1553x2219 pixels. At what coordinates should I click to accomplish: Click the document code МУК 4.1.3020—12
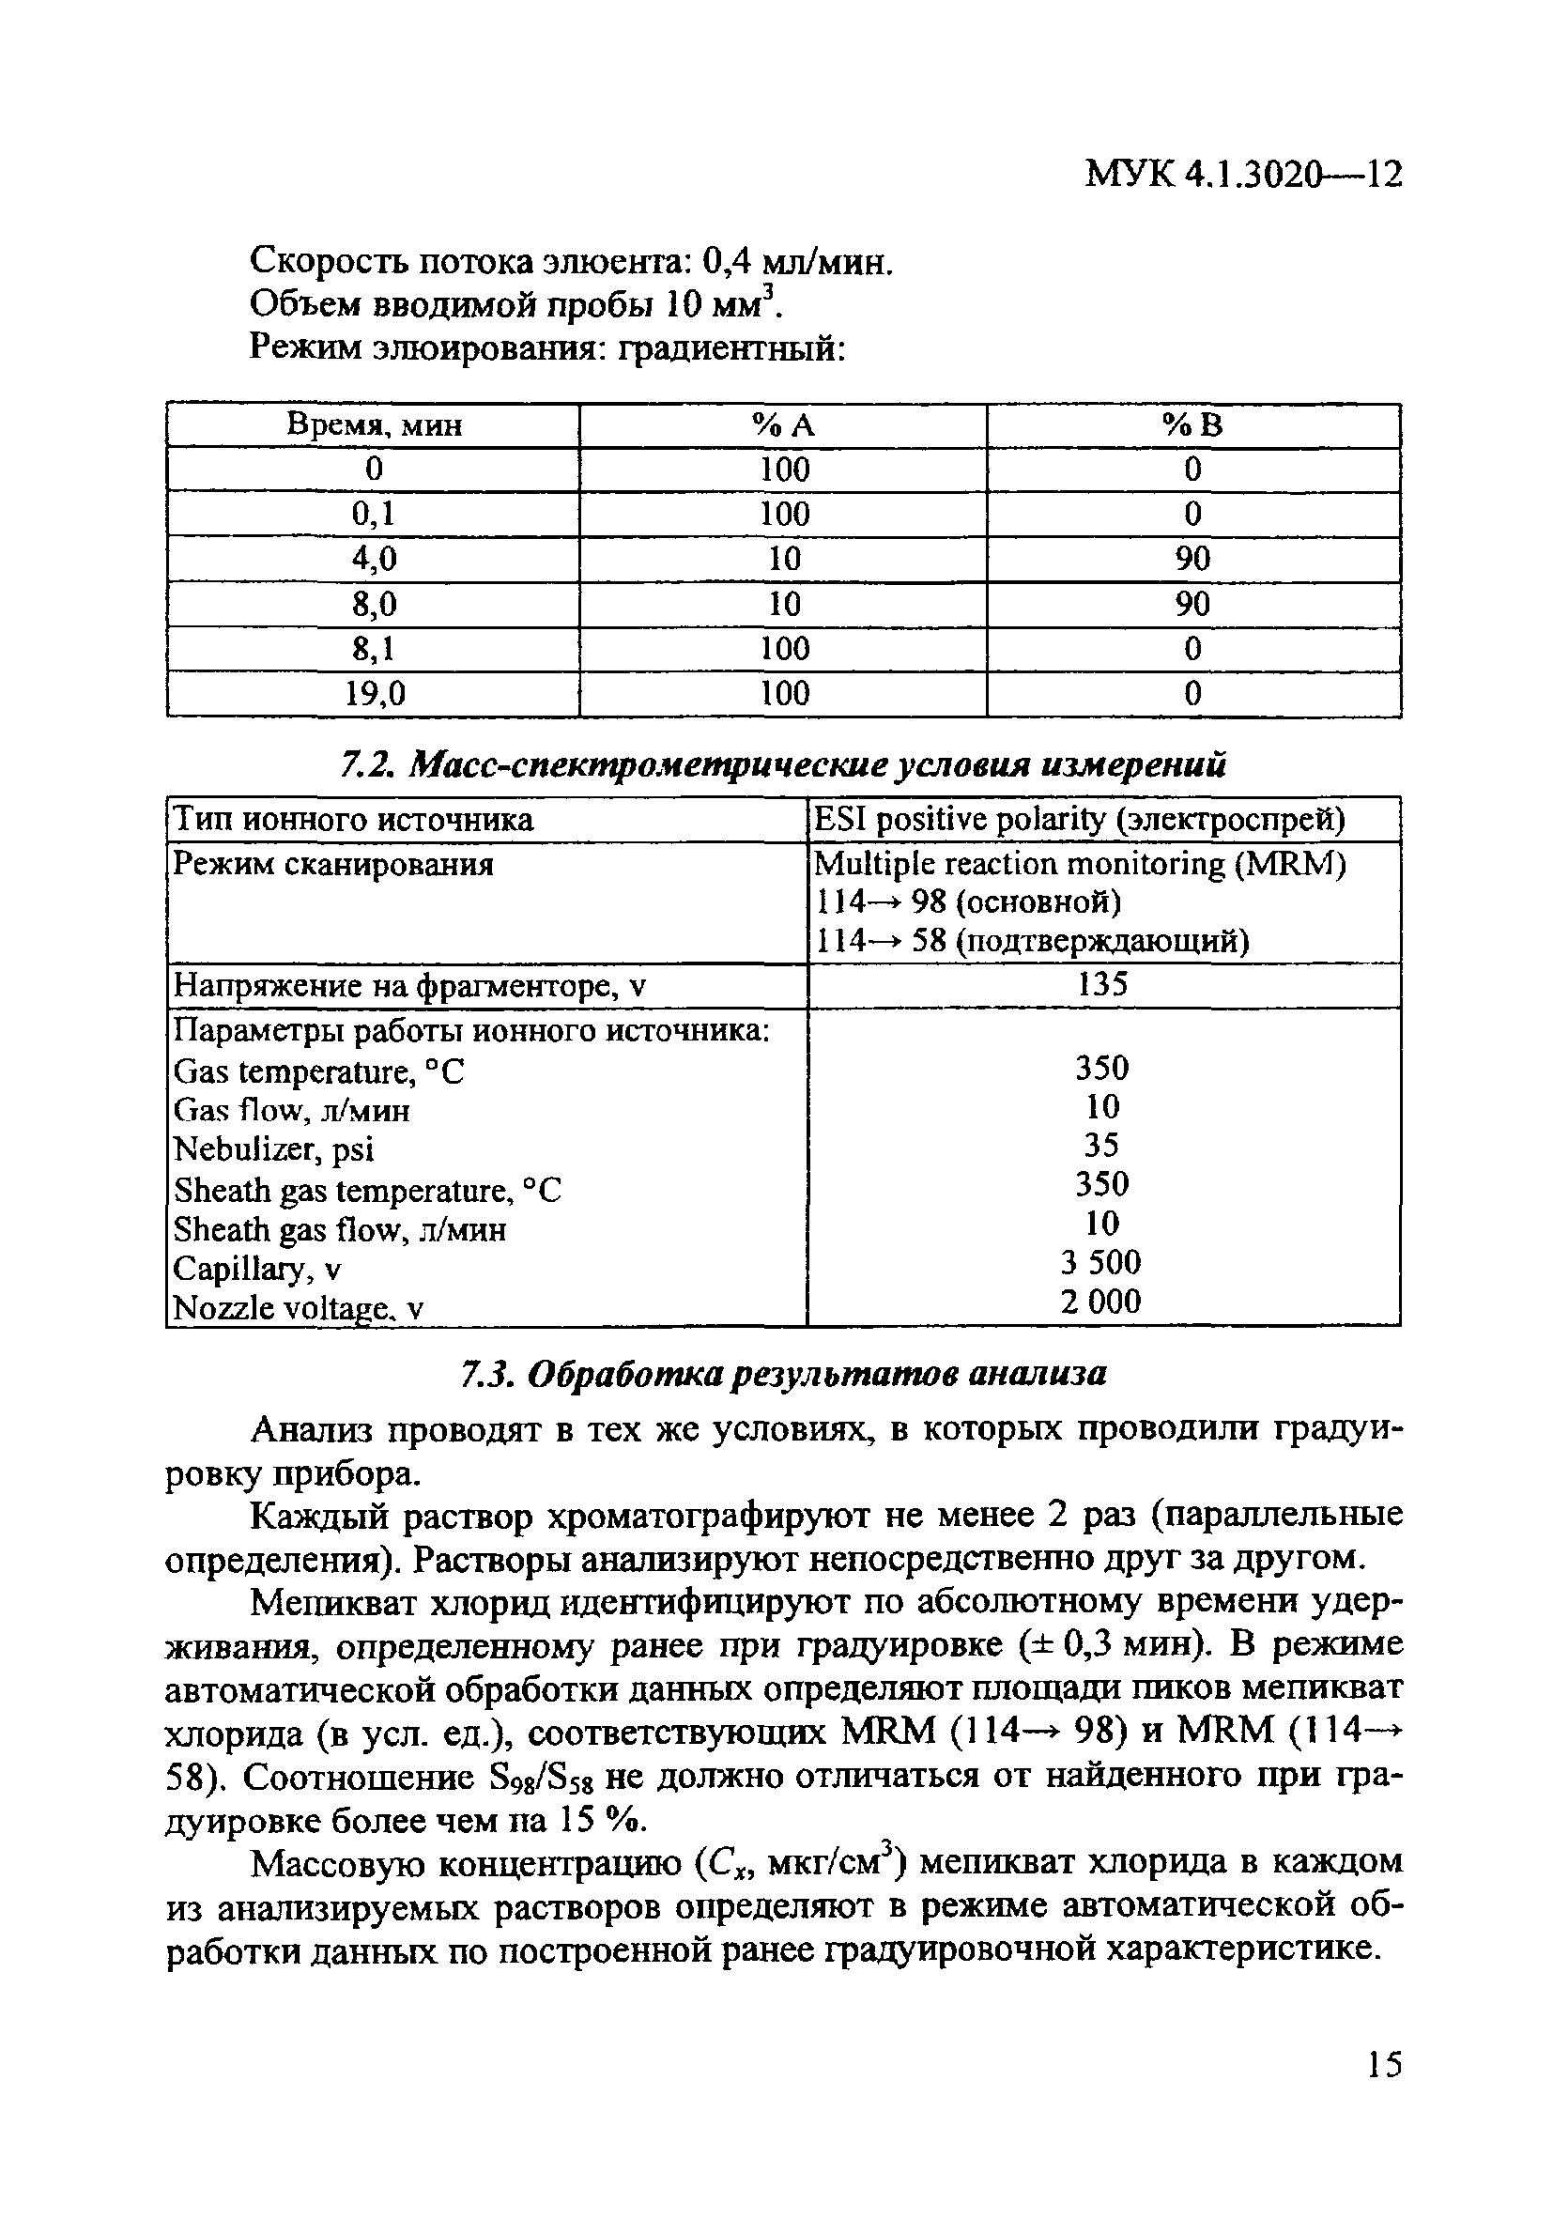[x=1243, y=174]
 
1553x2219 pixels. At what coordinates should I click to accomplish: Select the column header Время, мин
[x=374, y=425]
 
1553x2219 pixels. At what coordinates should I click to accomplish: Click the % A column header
[x=784, y=425]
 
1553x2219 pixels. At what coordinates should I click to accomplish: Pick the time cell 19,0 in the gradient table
[x=374, y=693]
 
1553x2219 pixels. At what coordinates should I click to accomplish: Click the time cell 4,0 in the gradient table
[x=374, y=559]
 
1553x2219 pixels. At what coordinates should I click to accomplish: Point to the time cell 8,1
[x=374, y=649]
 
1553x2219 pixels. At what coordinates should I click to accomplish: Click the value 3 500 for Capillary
[x=1100, y=1261]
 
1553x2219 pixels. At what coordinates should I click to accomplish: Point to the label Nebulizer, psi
[x=273, y=1149]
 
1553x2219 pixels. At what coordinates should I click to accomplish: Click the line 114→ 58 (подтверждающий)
[x=1032, y=939]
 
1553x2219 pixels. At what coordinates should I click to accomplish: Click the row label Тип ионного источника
[x=353, y=820]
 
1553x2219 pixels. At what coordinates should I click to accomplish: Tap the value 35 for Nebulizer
[x=1100, y=1146]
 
